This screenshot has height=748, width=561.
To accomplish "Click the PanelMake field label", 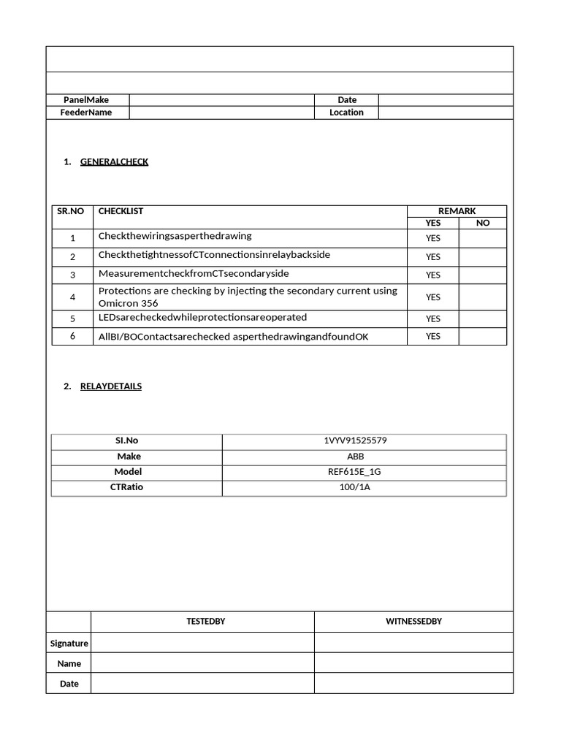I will [86, 100].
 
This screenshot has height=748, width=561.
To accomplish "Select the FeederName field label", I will [86, 112].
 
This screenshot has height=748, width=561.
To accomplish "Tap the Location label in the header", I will [346, 112].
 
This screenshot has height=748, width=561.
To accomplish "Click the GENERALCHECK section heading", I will [114, 161].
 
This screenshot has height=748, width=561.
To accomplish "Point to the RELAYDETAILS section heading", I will [111, 386].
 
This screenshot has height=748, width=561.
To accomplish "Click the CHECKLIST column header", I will [121, 211].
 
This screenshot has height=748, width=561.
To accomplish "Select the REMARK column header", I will [457, 211].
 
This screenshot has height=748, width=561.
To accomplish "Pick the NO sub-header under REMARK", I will [483, 223].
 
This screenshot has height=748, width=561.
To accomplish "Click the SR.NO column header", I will [71, 211].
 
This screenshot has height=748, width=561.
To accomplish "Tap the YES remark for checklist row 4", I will [433, 297].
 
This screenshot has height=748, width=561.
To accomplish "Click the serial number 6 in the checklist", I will [73, 336].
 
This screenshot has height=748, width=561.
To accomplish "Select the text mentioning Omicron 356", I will [248, 297].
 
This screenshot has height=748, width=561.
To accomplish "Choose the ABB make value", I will [356, 457].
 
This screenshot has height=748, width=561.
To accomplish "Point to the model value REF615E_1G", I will [355, 472].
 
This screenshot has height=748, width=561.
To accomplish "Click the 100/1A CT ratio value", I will [355, 487].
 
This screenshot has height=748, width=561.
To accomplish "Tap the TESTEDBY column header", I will [205, 622].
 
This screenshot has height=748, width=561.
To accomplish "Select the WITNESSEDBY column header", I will [413, 622].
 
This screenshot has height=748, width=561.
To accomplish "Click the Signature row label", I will [69, 644].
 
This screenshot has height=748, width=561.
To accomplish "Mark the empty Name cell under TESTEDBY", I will [202, 663].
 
